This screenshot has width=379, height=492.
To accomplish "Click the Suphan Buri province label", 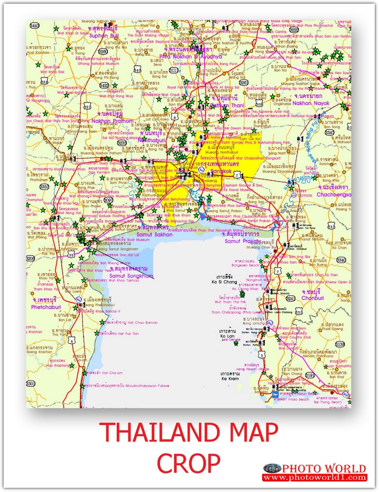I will coord(105,36).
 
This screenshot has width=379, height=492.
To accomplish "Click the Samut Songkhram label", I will coord(132,276).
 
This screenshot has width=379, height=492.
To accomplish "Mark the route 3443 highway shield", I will coord(35,26).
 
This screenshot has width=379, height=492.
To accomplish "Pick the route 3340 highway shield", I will coord(342,260).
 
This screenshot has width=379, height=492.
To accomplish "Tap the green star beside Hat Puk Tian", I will coord(96,333).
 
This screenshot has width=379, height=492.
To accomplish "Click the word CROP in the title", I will coord(189,464).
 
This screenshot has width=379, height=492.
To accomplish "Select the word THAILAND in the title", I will coord(149,433).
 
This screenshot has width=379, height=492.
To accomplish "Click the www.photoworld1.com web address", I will coord(314,478).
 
